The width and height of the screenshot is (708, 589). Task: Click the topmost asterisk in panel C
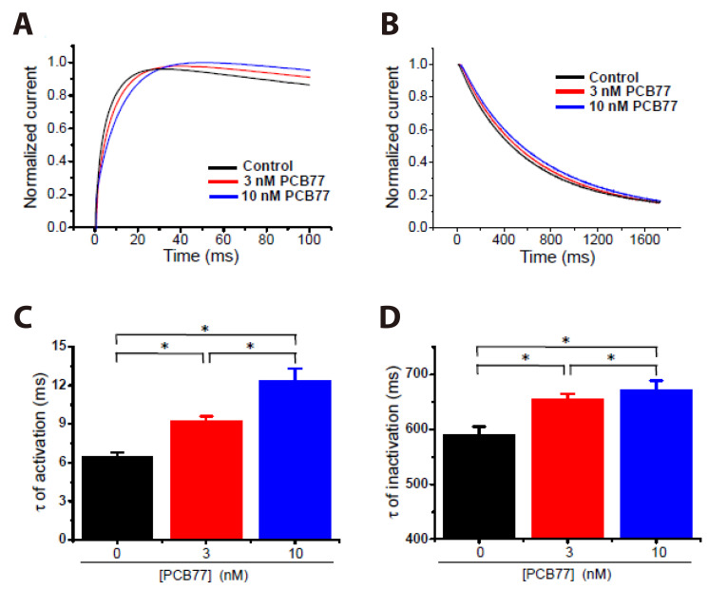click(206, 328)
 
